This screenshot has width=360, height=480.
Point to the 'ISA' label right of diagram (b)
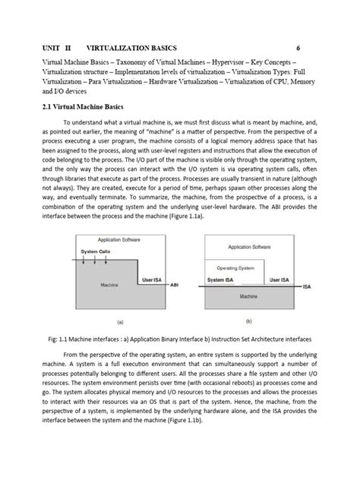pyautogui.click(x=306, y=287)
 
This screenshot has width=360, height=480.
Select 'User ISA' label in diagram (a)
pyautogui.click(x=151, y=280)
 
